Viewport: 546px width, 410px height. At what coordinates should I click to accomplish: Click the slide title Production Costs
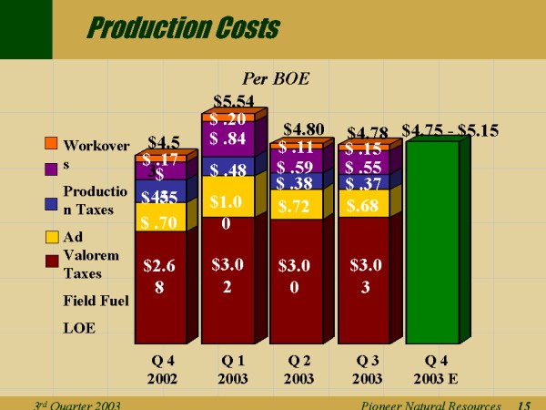[181, 28]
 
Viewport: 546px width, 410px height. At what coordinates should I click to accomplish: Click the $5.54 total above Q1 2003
[234, 101]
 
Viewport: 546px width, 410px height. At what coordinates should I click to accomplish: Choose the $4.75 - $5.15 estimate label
[450, 130]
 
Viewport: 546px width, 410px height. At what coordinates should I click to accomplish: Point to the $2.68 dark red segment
[159, 276]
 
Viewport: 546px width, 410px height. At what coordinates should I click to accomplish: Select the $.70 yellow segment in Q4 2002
[159, 220]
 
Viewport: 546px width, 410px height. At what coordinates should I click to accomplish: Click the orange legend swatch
[52, 144]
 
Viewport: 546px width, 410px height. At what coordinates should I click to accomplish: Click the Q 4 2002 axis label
[160, 370]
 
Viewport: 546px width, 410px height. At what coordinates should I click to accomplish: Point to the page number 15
[524, 404]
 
